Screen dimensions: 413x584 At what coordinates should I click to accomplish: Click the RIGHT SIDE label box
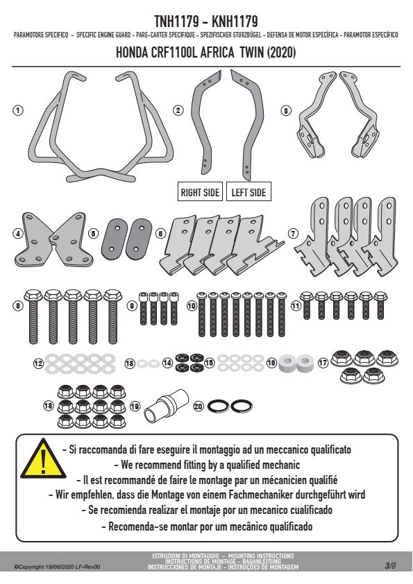point(200,192)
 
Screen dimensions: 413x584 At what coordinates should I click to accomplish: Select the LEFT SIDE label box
point(248,192)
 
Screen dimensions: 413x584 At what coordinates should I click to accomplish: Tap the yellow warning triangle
point(44,458)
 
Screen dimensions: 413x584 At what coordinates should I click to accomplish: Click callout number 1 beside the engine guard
point(17,110)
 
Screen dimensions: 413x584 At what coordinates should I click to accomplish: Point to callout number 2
point(178,110)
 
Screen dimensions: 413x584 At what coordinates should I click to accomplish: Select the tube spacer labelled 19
point(165,406)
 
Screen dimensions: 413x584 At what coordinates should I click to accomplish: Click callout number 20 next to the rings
point(199,406)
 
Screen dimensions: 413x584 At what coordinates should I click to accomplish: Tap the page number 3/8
point(390,566)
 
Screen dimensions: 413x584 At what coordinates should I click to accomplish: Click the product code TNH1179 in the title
point(177,22)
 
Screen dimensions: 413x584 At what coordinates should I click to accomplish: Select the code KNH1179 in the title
point(235,22)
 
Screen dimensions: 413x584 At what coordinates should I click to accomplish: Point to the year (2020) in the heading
point(281,52)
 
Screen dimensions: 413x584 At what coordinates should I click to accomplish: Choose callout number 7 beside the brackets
point(294,234)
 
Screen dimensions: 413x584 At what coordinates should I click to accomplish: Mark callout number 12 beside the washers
point(38,363)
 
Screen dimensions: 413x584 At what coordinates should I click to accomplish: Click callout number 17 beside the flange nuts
point(323,362)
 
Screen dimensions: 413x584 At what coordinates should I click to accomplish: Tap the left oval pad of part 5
point(115,239)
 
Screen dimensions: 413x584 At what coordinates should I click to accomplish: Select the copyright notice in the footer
point(57,567)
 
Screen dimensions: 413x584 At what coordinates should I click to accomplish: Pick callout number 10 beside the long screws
point(191,306)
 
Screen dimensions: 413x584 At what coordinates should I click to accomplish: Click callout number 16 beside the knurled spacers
point(271,362)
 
